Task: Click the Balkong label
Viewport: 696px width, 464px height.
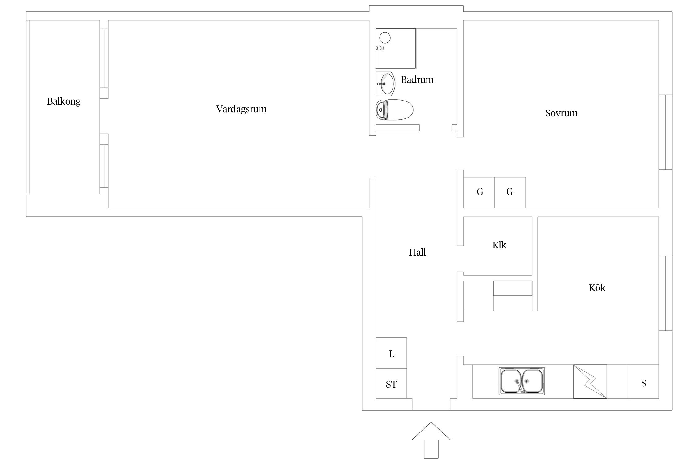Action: (x=64, y=101)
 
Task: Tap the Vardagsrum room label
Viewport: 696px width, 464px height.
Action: (x=241, y=109)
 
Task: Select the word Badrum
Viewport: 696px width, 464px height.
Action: (x=417, y=80)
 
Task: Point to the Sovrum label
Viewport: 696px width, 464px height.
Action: (x=561, y=113)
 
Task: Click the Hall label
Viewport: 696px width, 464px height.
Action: (x=417, y=252)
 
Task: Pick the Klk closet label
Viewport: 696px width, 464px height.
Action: (x=499, y=245)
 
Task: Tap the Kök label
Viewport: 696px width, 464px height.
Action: (x=597, y=288)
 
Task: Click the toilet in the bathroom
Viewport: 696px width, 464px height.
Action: (x=395, y=110)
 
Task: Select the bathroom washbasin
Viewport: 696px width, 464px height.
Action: (x=385, y=84)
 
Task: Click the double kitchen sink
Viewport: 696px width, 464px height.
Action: (x=522, y=381)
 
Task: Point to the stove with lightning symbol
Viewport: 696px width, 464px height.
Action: (x=590, y=382)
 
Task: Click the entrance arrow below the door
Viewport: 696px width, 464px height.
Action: (x=431, y=440)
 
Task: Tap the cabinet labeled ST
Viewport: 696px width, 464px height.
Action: (x=391, y=384)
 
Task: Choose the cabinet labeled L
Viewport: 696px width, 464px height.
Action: (x=391, y=353)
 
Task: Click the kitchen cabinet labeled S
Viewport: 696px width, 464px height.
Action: (x=643, y=382)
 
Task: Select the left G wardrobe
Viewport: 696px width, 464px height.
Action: (x=479, y=192)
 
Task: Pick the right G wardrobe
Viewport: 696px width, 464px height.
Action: (x=510, y=192)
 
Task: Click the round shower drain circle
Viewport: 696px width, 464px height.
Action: (x=385, y=38)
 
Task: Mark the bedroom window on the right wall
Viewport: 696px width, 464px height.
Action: (x=665, y=132)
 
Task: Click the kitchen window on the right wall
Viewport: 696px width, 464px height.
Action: (x=665, y=293)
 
